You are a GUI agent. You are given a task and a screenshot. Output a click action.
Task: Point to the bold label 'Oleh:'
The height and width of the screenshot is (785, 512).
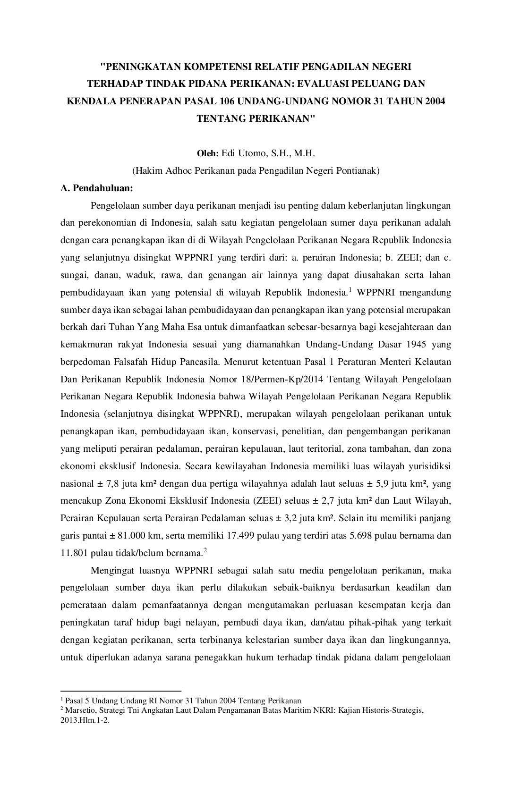(208, 153)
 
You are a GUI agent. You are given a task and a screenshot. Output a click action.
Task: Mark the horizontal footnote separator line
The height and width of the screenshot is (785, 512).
(121, 690)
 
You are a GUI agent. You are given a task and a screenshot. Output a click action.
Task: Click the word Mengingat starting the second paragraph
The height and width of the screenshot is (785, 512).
(111, 570)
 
